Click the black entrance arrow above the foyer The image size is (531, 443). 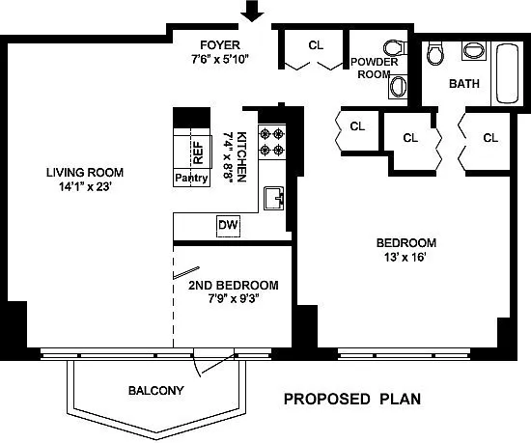point(252,11)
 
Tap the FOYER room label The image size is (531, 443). point(220,44)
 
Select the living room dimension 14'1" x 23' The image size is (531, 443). point(85,186)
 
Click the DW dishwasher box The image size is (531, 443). point(228,226)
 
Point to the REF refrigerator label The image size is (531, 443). point(199,152)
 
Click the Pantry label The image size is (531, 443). point(191,178)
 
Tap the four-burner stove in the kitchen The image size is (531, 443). point(271,142)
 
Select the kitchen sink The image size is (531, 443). point(273,198)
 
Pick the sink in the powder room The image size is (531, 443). point(398,87)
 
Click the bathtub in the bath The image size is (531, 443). point(507,73)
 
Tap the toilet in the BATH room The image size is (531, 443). point(433,53)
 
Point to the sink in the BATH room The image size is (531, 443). point(474,51)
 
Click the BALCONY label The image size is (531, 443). point(156,391)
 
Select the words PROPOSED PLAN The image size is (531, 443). point(352,399)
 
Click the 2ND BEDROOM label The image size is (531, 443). point(234,285)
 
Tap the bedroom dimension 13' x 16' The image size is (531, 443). point(405,257)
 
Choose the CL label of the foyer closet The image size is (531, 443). point(316,45)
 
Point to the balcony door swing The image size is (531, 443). point(213,365)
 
